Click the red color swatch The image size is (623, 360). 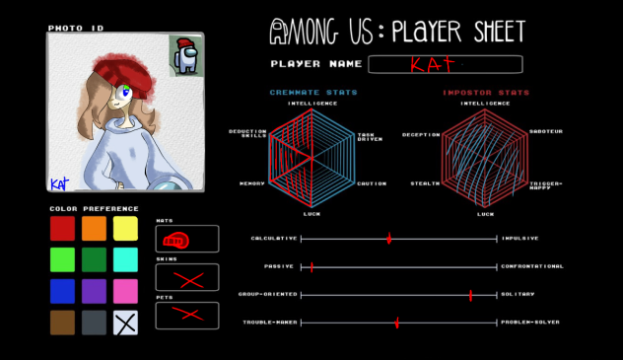(x=62, y=228)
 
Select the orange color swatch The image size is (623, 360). (x=94, y=228)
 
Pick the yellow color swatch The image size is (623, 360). (x=125, y=228)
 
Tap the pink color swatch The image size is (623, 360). (x=125, y=291)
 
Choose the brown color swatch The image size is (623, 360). (x=62, y=323)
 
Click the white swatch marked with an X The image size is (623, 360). (x=125, y=323)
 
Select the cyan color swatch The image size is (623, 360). (x=125, y=259)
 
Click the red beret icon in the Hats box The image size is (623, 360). (x=175, y=239)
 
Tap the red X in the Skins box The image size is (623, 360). (x=186, y=278)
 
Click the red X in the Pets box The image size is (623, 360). (x=186, y=316)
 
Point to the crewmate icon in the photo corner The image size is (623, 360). (x=185, y=56)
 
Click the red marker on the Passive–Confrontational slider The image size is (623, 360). (x=312, y=266)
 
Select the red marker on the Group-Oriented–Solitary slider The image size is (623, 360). (x=471, y=294)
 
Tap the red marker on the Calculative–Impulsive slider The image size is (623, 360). (x=389, y=239)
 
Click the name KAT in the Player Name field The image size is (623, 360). (x=433, y=65)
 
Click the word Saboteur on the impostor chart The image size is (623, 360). (x=545, y=131)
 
